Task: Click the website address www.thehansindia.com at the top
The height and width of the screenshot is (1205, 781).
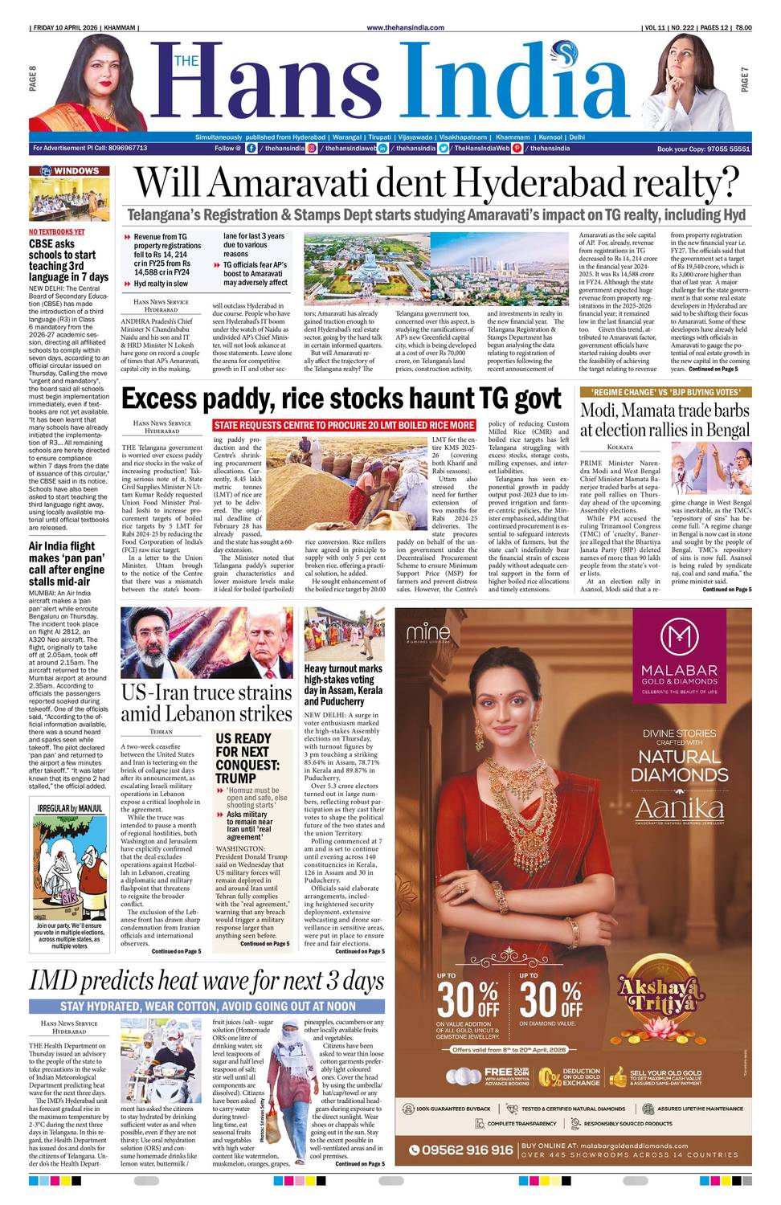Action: coord(405,27)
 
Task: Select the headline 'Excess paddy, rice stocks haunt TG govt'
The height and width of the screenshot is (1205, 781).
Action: coord(341,398)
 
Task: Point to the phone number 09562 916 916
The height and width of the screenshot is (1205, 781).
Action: coord(467,1150)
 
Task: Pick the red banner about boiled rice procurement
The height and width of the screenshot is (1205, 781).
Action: coord(344,425)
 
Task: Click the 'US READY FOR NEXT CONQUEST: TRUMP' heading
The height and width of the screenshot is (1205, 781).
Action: coord(247,758)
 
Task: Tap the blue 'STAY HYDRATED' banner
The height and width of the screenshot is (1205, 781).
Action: coord(207,1006)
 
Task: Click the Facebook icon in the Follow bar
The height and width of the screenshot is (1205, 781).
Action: coord(251,149)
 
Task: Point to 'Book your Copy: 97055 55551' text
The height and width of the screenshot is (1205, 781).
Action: coord(703,149)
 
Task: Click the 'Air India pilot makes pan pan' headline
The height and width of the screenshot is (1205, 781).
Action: coord(67,564)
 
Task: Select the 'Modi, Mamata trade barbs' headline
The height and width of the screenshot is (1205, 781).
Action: coord(664,419)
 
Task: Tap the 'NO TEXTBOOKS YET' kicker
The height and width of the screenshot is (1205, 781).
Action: coord(56,232)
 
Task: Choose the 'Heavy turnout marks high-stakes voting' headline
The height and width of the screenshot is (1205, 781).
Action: coord(343,684)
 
